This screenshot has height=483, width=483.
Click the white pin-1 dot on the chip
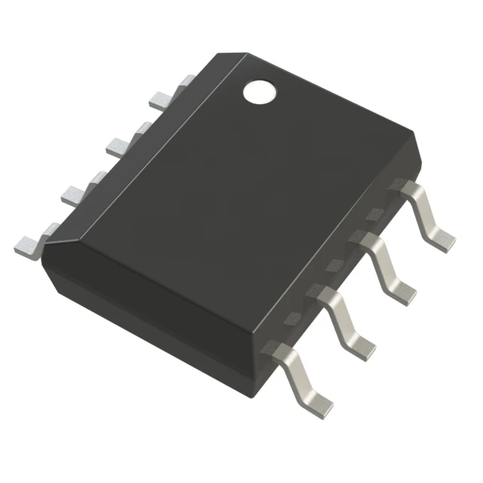point(259,91)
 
